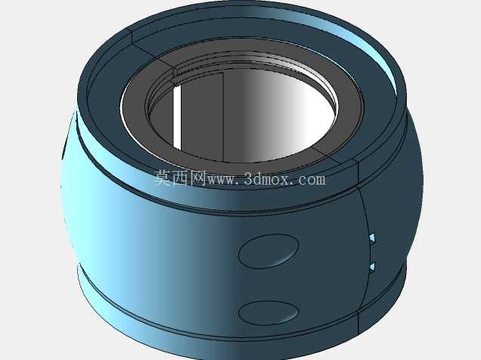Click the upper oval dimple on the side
pyautogui.click(x=268, y=251)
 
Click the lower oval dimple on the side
pyautogui.click(x=268, y=313)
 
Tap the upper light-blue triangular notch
pyautogui.click(x=372, y=237)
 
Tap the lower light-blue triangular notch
pyautogui.click(x=372, y=267)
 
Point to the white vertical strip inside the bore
pyautogui.click(x=177, y=117)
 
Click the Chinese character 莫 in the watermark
pyautogui.click(x=163, y=178)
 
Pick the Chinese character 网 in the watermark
pyautogui.click(x=198, y=178)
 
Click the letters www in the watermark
pyautogui.click(x=222, y=180)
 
